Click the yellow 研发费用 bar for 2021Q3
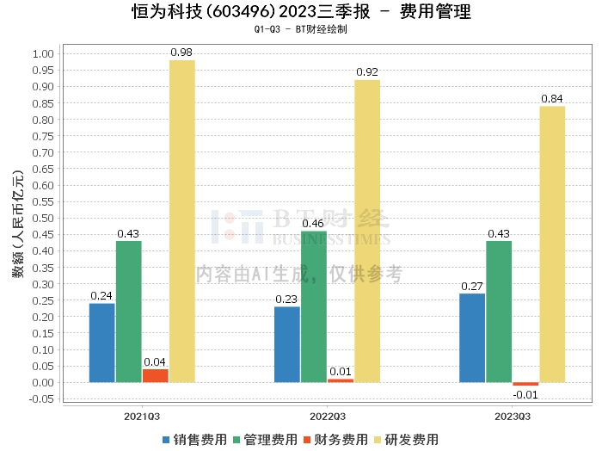coord(181,221)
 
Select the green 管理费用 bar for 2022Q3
coord(314,306)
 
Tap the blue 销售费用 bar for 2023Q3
coord(472,338)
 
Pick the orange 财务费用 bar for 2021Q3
coord(156,376)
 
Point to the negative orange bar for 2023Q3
coord(525,384)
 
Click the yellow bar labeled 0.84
coord(552,244)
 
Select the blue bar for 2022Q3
coord(287,344)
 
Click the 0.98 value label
coord(181,53)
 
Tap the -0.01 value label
coord(525,395)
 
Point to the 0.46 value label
coord(314,224)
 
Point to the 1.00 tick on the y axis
coord(42,53)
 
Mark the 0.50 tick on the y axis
coord(42,218)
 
